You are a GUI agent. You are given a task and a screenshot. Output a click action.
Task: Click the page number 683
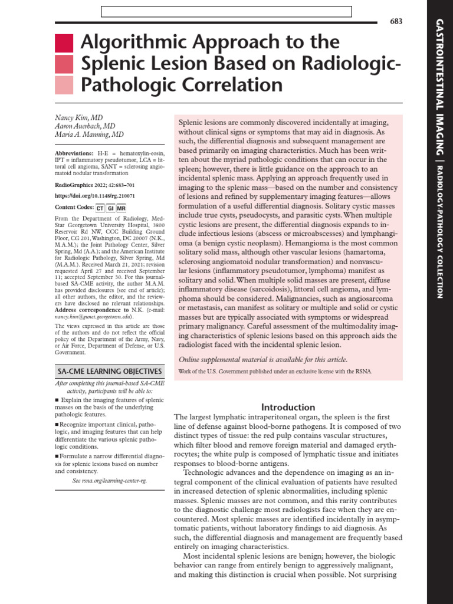[396, 21]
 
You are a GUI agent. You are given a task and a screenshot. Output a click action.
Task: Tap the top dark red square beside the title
[64, 43]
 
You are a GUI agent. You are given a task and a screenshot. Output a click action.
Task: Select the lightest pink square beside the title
[64, 85]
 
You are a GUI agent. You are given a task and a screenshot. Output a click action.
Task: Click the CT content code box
[100, 208]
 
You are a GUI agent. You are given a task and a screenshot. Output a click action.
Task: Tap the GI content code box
[110, 208]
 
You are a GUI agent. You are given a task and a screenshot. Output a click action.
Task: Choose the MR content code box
[122, 208]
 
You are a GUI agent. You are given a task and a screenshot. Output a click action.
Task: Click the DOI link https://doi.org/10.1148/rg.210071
[95, 195]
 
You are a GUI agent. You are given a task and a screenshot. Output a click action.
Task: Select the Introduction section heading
[288, 407]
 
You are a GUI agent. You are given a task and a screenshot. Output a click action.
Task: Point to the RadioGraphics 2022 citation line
[94, 184]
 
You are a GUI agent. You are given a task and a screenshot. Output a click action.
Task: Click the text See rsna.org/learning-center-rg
[109, 481]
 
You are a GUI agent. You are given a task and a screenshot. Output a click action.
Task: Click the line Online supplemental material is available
[263, 360]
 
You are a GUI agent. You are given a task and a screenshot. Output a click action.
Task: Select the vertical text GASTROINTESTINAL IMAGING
[439, 88]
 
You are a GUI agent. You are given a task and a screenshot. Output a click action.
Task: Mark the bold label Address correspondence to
[91, 310]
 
